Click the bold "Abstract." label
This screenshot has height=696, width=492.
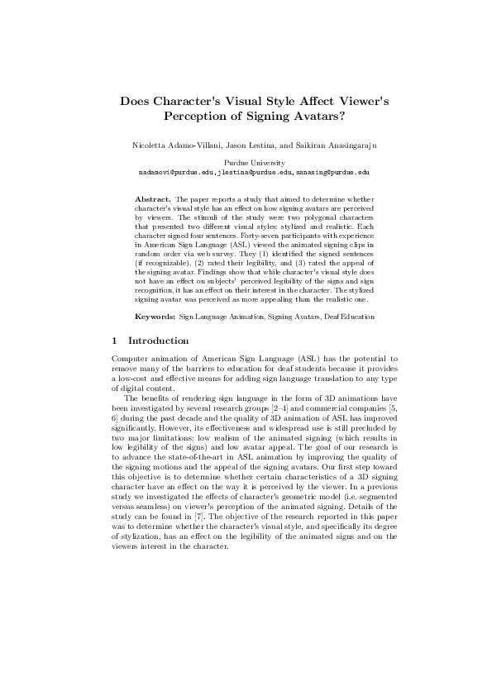(x=153, y=199)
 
